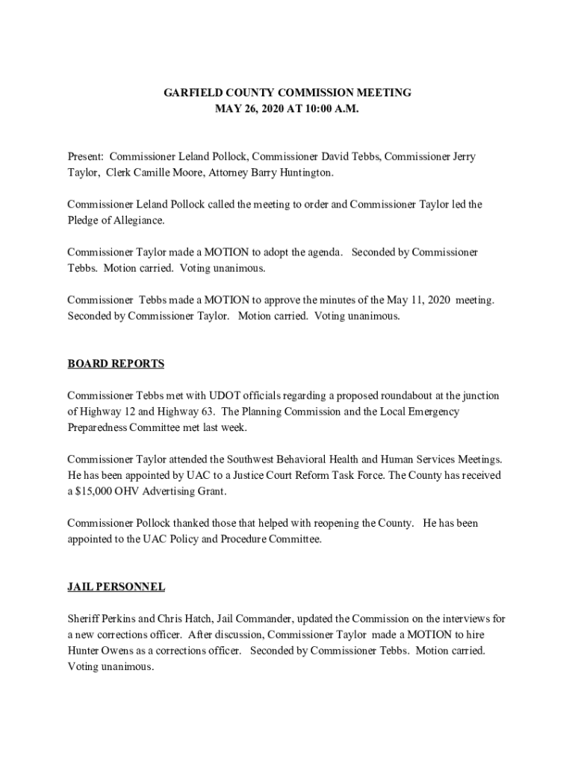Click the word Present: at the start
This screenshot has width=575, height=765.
pyautogui.click(x=86, y=157)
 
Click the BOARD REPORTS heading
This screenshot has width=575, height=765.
pyautogui.click(x=116, y=364)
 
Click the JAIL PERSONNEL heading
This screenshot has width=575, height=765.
pyautogui.click(x=116, y=586)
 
